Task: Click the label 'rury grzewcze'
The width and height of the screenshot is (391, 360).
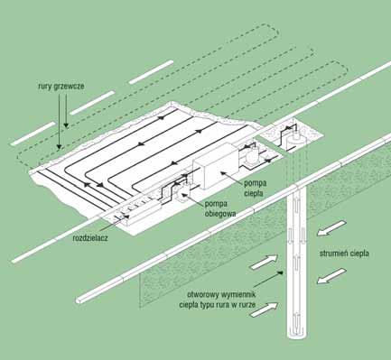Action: click(61, 87)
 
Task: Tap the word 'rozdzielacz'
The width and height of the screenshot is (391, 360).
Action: click(90, 238)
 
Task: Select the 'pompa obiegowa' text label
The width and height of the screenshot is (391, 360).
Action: click(220, 208)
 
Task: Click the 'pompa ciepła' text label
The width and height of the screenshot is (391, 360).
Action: click(255, 188)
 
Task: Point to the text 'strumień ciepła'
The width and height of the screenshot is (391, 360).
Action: click(344, 254)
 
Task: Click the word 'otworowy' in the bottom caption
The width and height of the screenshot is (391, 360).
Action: click(202, 294)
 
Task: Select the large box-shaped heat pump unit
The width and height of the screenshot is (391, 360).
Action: click(217, 166)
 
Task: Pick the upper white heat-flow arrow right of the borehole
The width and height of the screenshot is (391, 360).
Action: click(331, 228)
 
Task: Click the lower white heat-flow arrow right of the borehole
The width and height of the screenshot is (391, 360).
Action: click(331, 276)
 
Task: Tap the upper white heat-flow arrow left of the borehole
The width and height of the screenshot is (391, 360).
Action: click(265, 262)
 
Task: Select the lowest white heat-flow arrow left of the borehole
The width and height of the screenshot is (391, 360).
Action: click(265, 309)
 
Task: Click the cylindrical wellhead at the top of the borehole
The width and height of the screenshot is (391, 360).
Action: click(296, 140)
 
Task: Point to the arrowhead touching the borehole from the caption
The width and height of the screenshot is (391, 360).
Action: click(280, 272)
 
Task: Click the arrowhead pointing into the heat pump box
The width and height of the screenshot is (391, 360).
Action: click(223, 172)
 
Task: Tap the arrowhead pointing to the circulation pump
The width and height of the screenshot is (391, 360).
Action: click(183, 194)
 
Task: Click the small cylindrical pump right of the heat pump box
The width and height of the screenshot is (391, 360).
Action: click(252, 156)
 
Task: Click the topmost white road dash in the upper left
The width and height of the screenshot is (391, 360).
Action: click(152, 72)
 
